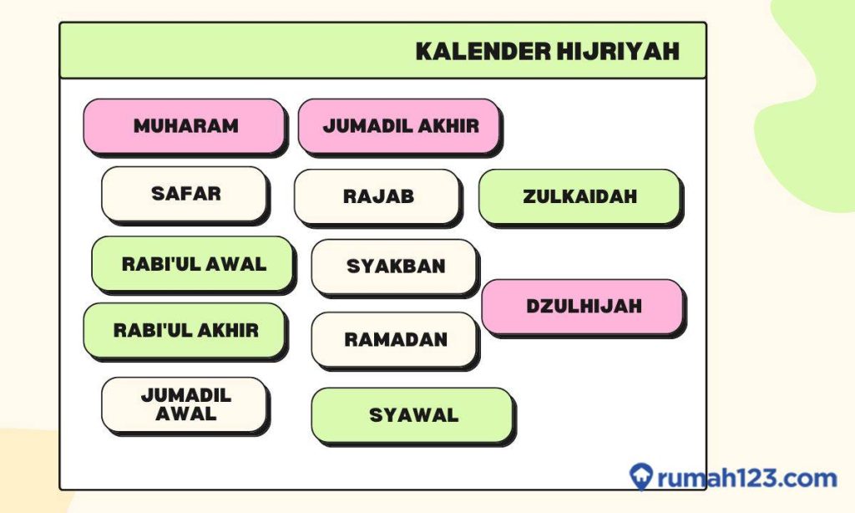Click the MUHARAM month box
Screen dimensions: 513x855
[x=185, y=126]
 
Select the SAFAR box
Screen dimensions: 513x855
[x=185, y=194]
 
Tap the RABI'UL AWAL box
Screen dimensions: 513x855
[x=193, y=264]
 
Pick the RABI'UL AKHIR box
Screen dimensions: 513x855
[x=185, y=330]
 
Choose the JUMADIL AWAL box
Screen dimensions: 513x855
[x=185, y=404]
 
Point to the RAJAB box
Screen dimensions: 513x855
[x=377, y=197]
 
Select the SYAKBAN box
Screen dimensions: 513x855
[x=395, y=267]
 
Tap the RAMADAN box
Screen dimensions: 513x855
[x=395, y=339]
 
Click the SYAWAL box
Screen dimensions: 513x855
[x=412, y=415]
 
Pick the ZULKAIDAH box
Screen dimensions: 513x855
[x=579, y=197]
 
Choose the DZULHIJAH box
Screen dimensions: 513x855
[x=583, y=307]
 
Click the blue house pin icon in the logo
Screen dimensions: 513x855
[x=641, y=477]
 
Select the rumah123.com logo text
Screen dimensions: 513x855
[x=746, y=479]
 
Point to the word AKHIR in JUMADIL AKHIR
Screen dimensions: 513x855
[x=451, y=126]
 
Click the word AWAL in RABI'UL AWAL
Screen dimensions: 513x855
[x=240, y=264]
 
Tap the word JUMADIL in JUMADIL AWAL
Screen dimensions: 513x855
[x=185, y=395]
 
